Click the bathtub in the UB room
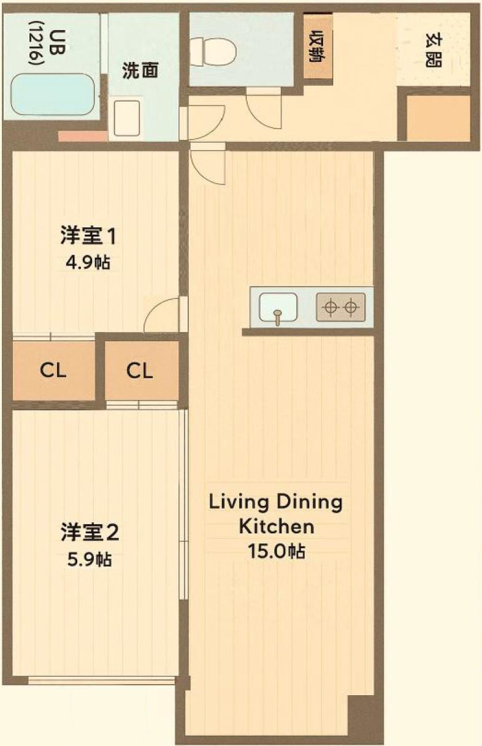tap(53, 94)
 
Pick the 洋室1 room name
tap(88, 235)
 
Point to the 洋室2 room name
tap(90, 532)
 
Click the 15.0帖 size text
tap(276, 551)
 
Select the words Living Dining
tap(276, 502)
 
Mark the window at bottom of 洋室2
tap(102, 680)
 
